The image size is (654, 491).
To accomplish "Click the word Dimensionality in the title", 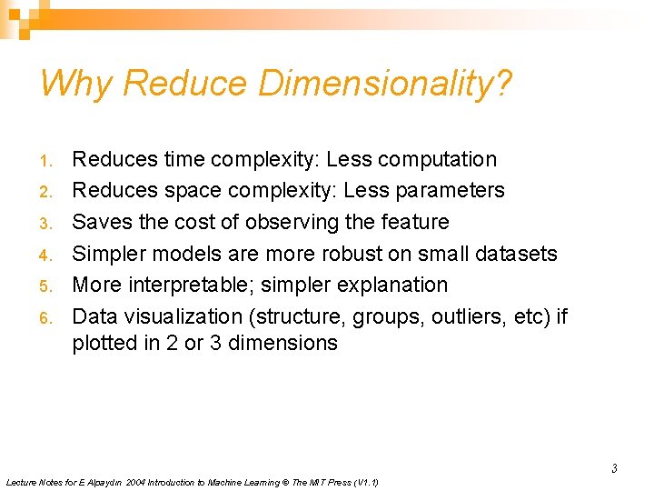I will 385,84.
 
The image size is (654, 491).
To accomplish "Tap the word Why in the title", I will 76,84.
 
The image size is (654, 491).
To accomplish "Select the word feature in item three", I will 413,222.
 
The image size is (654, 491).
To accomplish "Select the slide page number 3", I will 614,469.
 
